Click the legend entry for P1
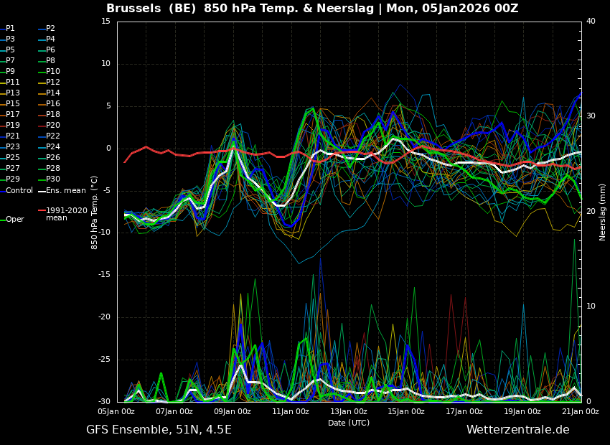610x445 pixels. click(x=8, y=29)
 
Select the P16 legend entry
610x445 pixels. click(x=50, y=103)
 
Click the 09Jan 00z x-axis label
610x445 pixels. click(x=233, y=411)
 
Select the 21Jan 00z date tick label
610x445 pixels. click(x=581, y=411)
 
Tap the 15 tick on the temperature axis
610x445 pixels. click(x=105, y=21)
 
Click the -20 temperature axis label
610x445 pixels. click(x=104, y=317)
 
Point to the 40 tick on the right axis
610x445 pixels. click(x=591, y=21)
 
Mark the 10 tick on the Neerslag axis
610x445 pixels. click(x=591, y=306)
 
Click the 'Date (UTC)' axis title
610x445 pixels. click(x=349, y=423)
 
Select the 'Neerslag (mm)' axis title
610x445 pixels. click(x=603, y=211)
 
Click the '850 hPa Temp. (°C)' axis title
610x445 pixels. click(x=94, y=212)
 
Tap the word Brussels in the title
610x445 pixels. click(x=133, y=8)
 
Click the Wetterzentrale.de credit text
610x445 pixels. click(x=518, y=430)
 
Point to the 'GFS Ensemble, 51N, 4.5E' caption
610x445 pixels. click(x=159, y=430)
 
